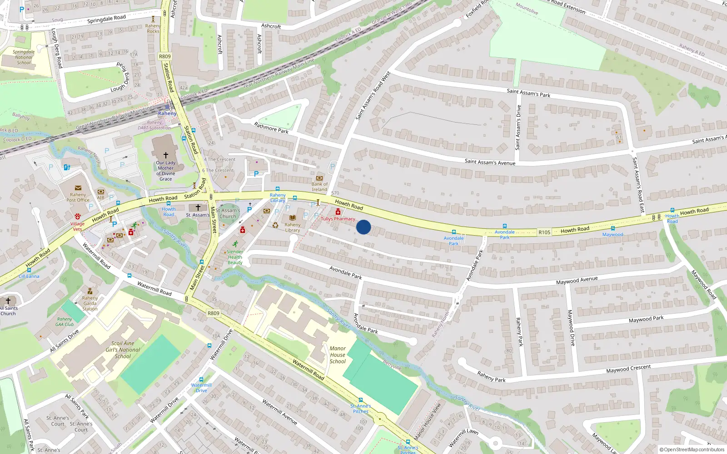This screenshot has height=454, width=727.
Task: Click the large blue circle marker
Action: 363,227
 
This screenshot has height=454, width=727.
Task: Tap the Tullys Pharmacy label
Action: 338,219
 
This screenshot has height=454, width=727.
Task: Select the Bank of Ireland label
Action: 319,187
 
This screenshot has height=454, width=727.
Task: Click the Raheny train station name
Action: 167,113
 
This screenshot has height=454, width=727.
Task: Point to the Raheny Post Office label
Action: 78,197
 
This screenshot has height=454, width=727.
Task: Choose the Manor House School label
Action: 338,355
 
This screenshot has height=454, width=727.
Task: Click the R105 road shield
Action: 544,232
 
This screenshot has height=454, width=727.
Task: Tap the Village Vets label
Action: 77,226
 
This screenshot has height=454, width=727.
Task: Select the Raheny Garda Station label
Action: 90,303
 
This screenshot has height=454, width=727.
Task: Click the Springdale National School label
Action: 24,57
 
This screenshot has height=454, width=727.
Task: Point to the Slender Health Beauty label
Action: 235,257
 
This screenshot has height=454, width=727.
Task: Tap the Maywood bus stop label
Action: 612,235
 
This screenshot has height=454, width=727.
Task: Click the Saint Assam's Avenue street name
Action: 490,162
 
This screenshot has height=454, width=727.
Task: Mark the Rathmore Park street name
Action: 271,128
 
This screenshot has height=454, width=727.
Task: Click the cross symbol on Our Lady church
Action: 166,155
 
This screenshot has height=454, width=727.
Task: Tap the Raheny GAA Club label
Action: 65,322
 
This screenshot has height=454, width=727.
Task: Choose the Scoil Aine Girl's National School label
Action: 123,350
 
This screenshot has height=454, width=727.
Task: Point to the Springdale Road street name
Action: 106,19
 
